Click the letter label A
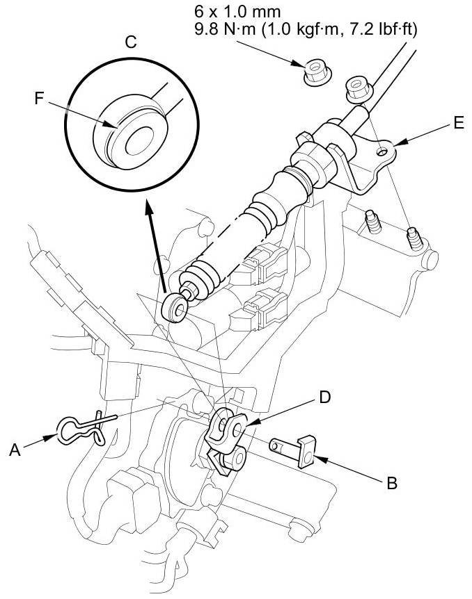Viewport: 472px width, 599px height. (15, 450)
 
